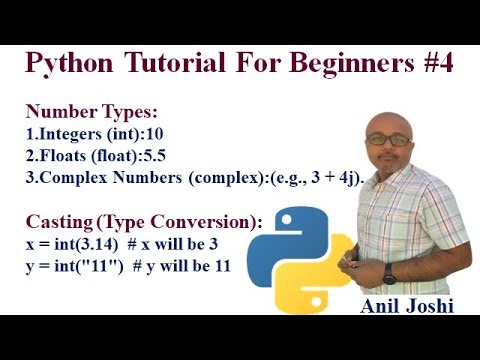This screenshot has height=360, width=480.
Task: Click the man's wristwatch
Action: pyautogui.click(x=389, y=273)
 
